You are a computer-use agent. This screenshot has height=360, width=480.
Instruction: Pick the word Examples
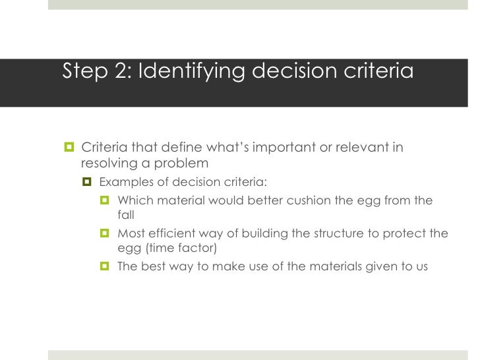[125, 182]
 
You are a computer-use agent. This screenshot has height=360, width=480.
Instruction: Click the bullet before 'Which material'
[104, 200]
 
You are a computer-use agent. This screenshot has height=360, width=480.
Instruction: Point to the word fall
[125, 215]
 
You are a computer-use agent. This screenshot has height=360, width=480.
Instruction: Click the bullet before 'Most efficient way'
[104, 233]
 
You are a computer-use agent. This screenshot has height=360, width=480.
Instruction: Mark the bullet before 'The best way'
[104, 267]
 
